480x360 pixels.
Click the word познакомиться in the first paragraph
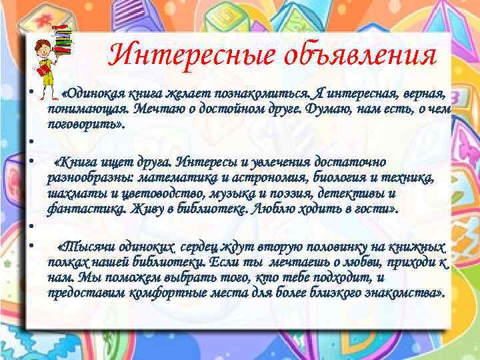(x=253, y=93)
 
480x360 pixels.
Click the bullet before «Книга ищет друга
(x=31, y=162)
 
